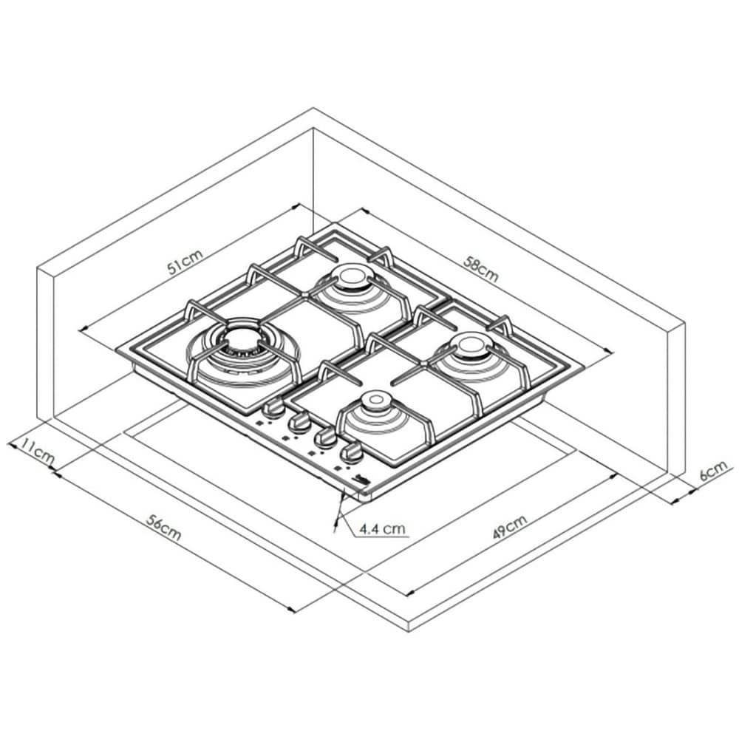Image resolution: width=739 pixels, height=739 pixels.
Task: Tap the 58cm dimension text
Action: coord(481,269)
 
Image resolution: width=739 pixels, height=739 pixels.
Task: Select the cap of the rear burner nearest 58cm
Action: coord(349,279)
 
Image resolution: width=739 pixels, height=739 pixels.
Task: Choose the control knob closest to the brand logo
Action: coord(351,451)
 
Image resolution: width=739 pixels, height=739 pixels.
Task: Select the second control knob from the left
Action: coord(300,422)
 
